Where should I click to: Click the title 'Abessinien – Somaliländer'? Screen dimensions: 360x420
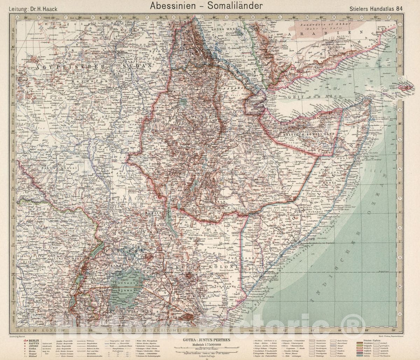tap(206, 6)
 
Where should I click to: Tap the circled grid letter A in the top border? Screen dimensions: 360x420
tap(16, 16)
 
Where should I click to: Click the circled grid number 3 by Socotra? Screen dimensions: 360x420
tap(399, 78)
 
